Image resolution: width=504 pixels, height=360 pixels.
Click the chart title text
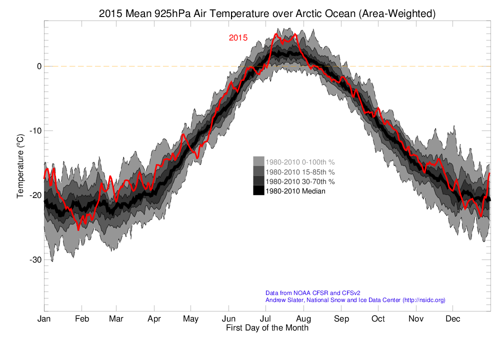point(267,14)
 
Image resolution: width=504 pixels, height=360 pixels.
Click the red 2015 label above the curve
point(238,38)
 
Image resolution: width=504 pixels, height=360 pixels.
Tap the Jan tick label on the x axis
point(44,319)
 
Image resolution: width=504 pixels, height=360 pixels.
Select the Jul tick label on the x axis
point(265,319)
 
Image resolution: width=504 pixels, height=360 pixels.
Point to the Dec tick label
point(453,319)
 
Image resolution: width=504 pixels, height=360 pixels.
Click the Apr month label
point(154,319)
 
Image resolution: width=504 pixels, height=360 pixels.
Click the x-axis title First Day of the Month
point(267,328)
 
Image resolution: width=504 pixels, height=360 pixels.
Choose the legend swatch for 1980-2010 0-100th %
point(258,161)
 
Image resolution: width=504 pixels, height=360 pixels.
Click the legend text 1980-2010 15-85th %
point(300,171)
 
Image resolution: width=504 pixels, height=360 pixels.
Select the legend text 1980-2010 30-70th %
point(300,181)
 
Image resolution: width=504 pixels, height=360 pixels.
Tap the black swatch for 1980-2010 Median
point(258,190)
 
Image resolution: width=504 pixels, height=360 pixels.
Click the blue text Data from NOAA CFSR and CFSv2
point(313,293)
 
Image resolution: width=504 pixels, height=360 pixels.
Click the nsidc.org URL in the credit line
point(424,300)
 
